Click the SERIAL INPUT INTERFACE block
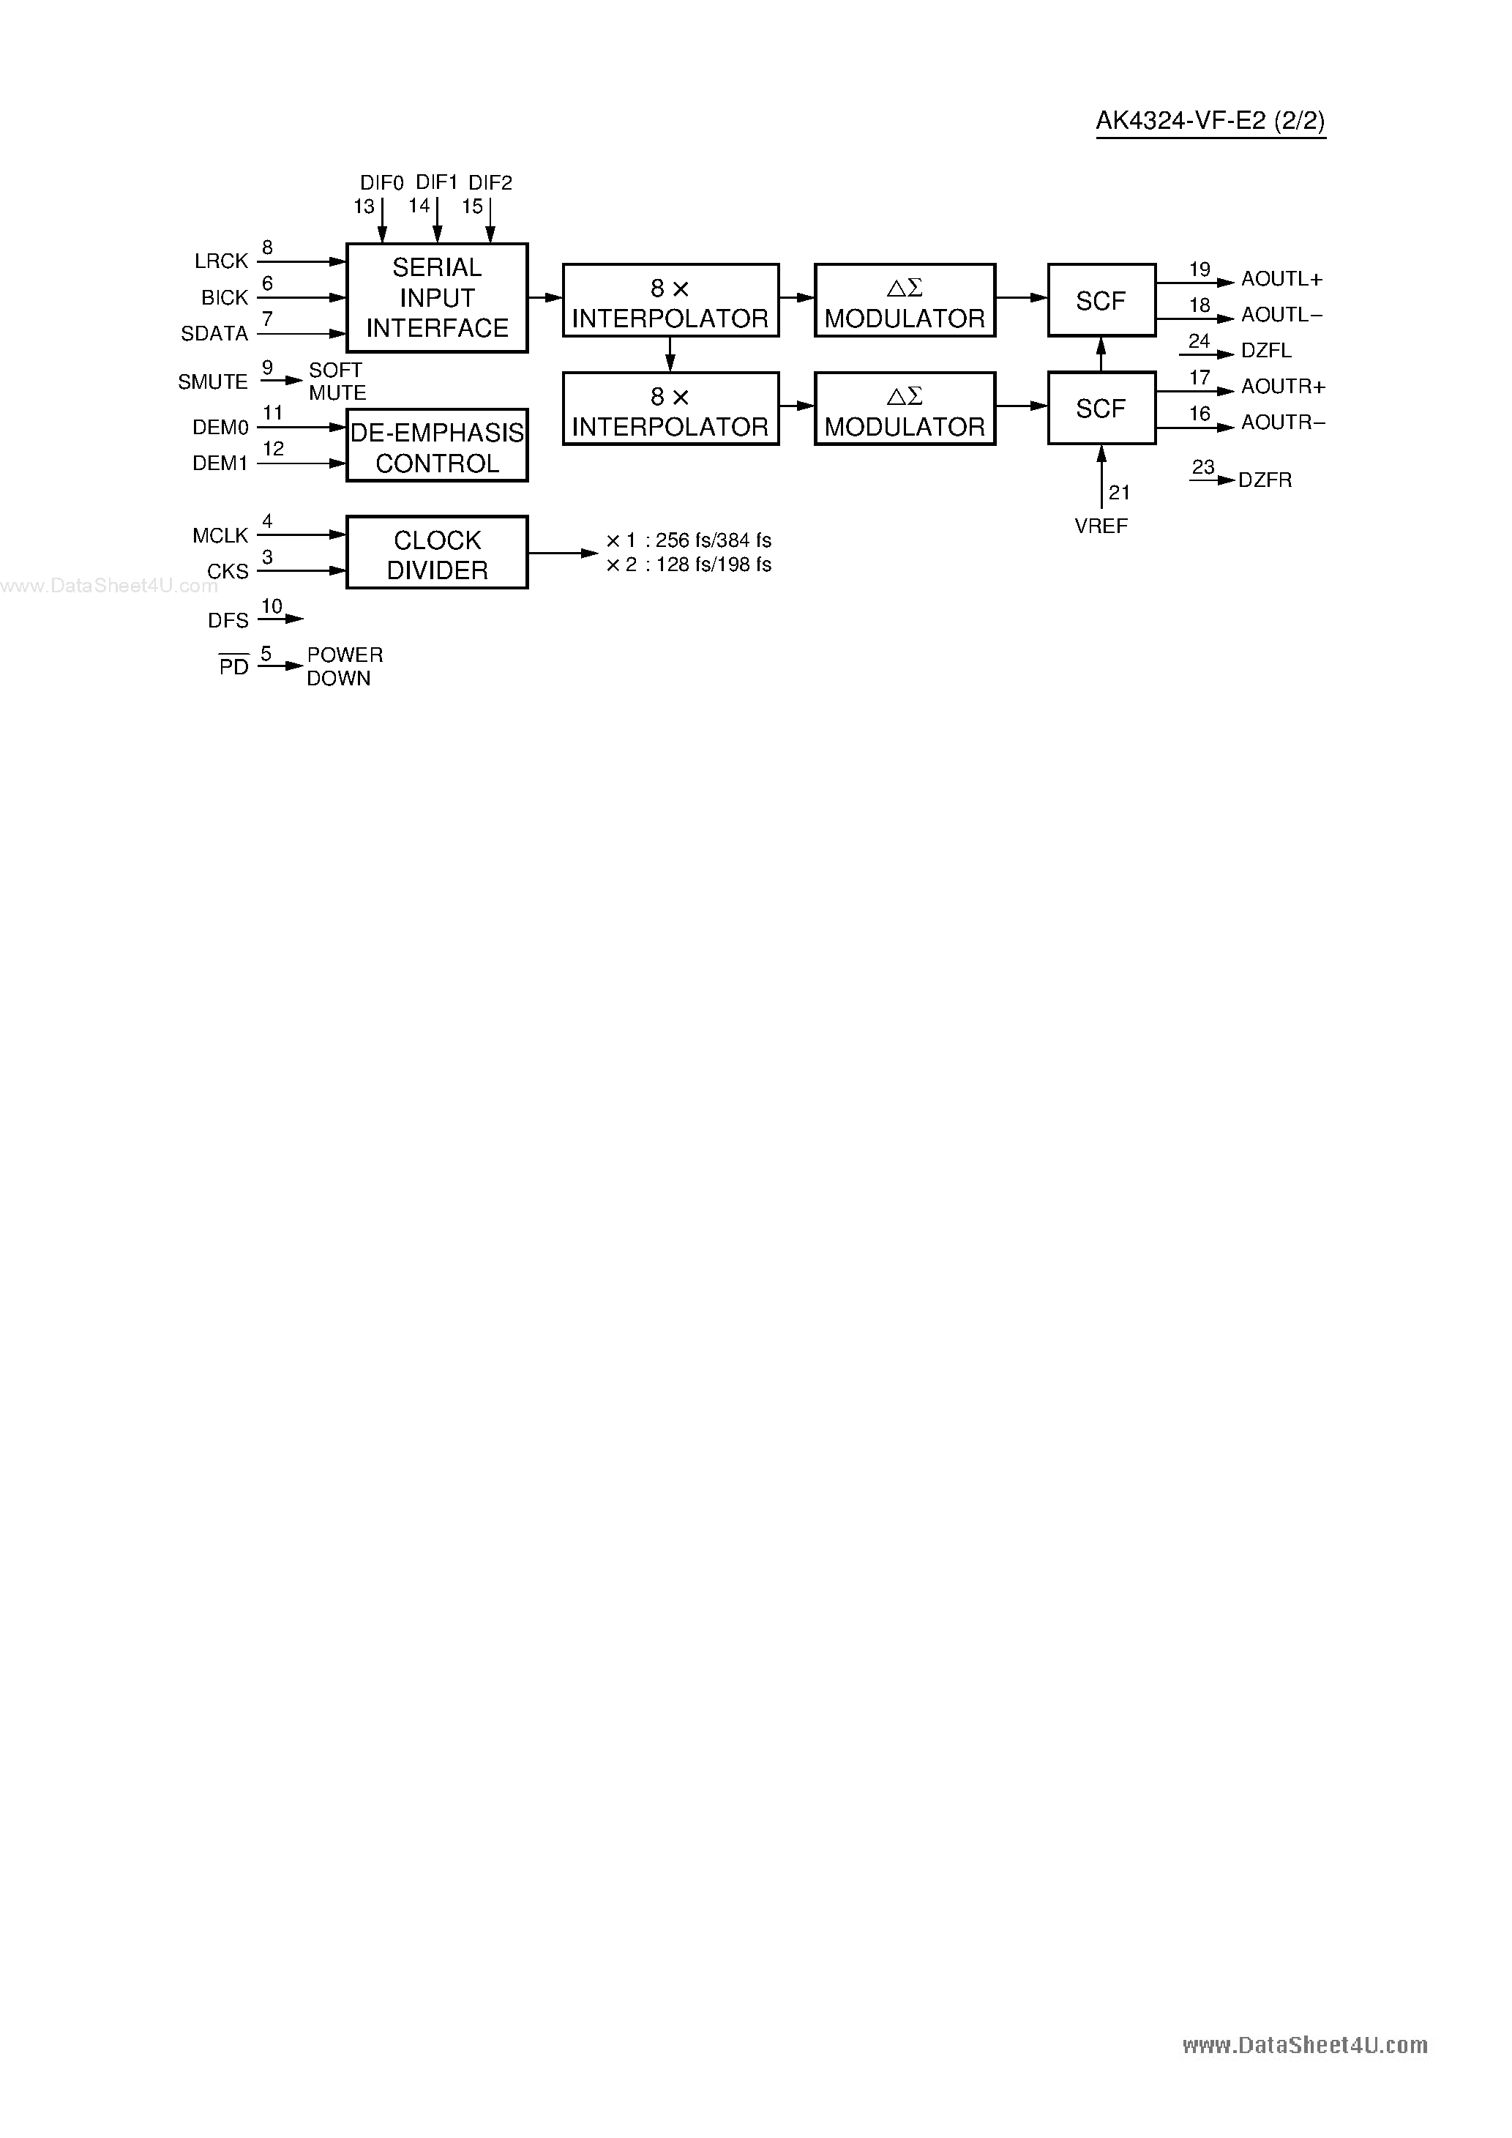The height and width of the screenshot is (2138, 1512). [437, 298]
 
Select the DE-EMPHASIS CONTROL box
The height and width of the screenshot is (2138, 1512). [437, 446]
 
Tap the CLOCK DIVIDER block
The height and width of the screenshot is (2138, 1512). [437, 553]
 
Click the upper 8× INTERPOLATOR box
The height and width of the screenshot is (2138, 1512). [670, 301]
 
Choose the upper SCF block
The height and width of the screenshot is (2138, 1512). [1101, 301]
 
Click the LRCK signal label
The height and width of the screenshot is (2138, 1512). [222, 261]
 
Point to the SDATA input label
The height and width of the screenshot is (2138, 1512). [215, 333]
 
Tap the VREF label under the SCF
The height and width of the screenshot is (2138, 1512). [1101, 526]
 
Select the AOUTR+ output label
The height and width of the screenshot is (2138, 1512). [1282, 387]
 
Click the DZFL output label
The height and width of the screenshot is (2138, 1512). [1266, 351]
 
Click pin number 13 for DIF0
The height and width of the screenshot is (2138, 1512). [364, 206]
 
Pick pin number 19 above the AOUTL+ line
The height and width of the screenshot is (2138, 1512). [1200, 269]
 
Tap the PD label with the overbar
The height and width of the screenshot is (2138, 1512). [233, 667]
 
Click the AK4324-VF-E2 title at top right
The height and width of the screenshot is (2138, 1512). [1210, 121]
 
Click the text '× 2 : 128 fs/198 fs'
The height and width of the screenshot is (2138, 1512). [689, 565]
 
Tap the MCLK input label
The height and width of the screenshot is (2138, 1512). [221, 535]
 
